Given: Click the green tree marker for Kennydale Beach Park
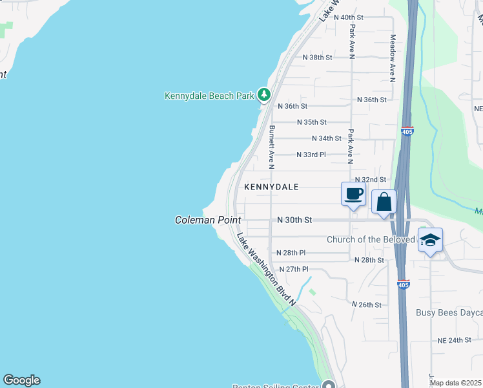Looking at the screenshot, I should (x=263, y=95).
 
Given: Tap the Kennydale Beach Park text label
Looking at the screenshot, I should (x=209, y=96).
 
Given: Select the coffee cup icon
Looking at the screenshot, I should (x=353, y=194).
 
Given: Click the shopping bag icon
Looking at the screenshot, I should (x=384, y=202).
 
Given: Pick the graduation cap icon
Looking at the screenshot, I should (x=430, y=241).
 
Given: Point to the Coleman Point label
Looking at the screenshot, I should (x=208, y=220).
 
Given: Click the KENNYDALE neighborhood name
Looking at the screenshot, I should (x=271, y=187).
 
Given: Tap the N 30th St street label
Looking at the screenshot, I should (x=294, y=220).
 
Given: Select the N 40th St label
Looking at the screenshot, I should (x=351, y=17).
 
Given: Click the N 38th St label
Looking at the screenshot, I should (x=318, y=58).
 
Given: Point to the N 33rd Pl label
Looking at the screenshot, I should (x=311, y=155).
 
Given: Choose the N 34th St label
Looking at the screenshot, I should (x=326, y=138).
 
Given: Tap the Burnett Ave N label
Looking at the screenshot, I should (x=272, y=147).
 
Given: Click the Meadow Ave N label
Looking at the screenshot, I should (x=392, y=58).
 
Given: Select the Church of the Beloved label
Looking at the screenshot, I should (x=371, y=239).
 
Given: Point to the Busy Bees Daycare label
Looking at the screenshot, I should (x=449, y=313).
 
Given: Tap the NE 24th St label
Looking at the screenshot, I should (x=455, y=339).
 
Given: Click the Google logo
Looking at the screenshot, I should (x=21, y=380).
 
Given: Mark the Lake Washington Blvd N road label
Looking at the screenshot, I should (x=265, y=269).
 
